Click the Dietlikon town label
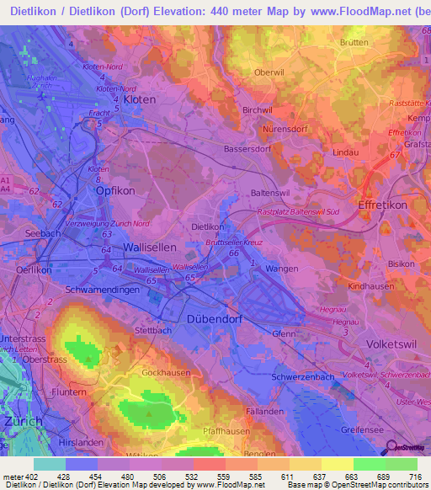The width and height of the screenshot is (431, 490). pyautogui.click(x=208, y=226)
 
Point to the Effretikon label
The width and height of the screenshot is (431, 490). pyautogui.click(x=382, y=205)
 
